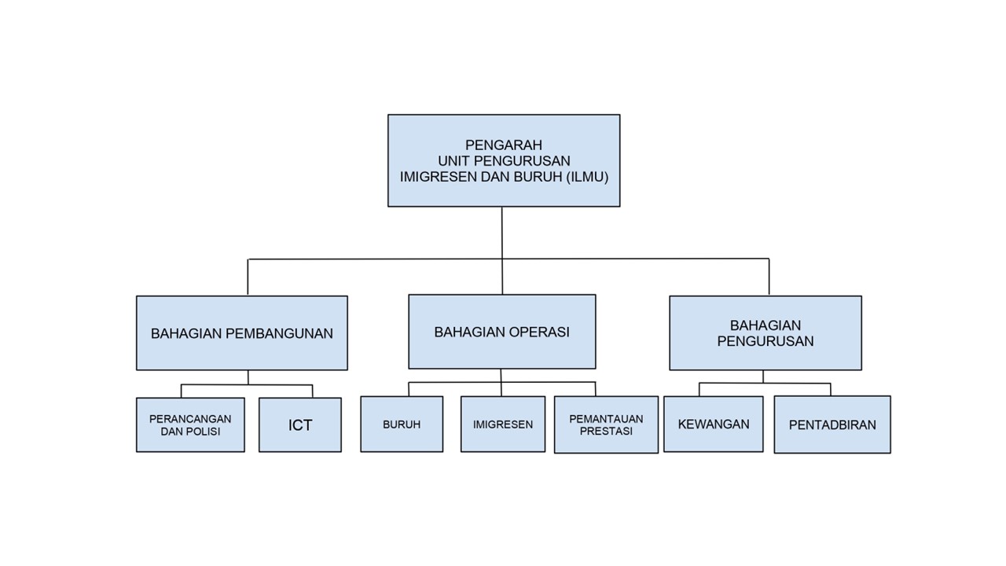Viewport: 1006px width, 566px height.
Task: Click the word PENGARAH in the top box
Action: coord(504,145)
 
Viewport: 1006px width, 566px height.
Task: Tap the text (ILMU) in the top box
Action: coord(587,177)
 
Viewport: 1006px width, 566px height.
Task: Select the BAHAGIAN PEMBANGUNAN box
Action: coord(242,333)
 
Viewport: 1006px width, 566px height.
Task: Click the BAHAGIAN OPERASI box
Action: coord(502,332)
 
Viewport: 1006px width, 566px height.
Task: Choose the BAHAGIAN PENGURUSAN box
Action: coord(766,333)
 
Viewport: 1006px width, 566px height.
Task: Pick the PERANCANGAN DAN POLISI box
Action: coord(190,425)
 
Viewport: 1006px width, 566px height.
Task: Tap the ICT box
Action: coord(300,425)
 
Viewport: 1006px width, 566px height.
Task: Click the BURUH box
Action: coord(402,424)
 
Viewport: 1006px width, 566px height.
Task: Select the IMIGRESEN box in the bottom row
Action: coord(503,424)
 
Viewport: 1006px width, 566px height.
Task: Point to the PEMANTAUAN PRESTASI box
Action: coord(606,424)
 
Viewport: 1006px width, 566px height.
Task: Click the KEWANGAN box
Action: coord(714,424)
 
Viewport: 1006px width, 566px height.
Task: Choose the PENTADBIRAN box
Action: coord(832,424)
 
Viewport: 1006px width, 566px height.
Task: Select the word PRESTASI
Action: coord(606,432)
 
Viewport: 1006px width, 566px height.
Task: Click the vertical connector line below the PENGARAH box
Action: coord(502,251)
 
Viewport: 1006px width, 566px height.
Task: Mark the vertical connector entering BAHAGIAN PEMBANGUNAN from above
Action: coord(248,277)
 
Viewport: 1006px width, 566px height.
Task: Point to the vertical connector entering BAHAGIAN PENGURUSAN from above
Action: coord(769,277)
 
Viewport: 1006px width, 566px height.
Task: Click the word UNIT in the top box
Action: coord(453,161)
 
